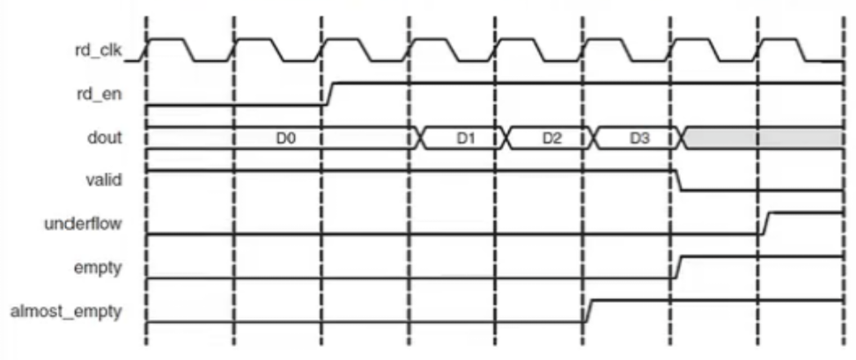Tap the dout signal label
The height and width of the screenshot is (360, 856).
[105, 138]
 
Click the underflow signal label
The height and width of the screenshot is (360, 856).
[84, 223]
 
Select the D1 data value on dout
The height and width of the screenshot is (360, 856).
[465, 138]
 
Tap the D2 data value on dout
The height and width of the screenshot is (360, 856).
[551, 138]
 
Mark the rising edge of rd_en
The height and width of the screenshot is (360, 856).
[328, 93]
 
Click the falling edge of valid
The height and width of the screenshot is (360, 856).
[679, 180]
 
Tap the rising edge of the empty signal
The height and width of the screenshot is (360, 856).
[679, 266]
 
